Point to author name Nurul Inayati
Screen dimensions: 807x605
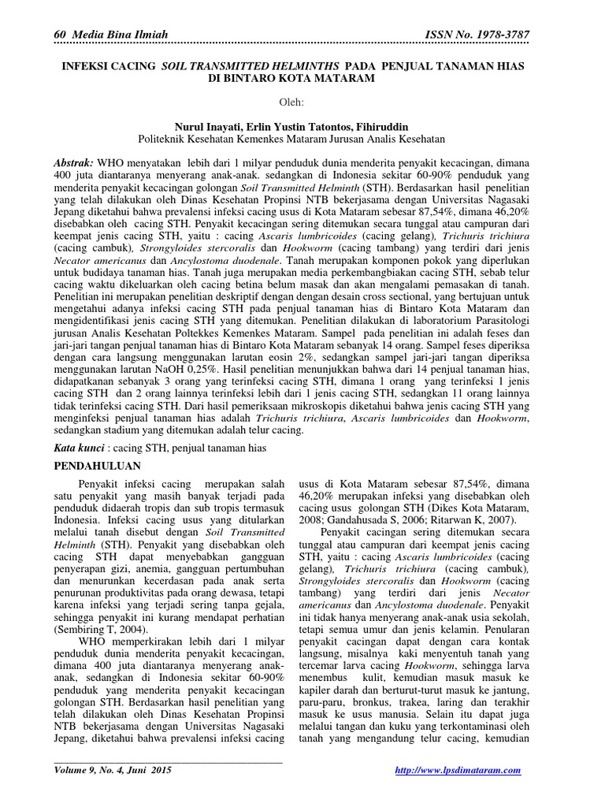pos(209,126)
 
